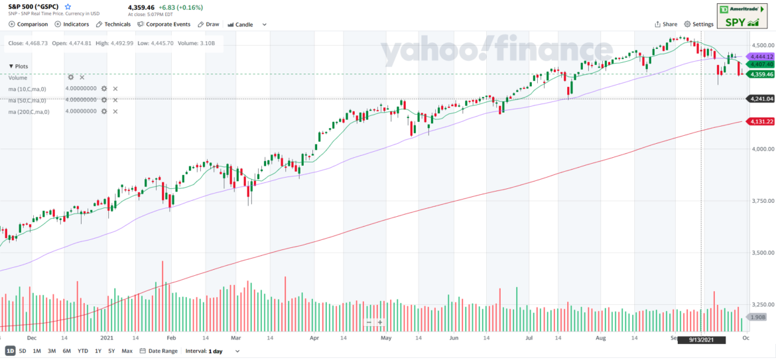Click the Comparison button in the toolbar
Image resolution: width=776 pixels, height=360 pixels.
(x=29, y=25)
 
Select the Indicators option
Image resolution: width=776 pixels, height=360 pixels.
(x=72, y=25)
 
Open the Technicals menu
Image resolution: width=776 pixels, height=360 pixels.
(x=113, y=25)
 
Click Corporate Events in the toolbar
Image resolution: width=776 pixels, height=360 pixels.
(x=164, y=25)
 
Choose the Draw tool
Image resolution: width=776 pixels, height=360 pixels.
(x=208, y=25)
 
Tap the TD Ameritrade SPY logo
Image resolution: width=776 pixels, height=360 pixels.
(x=738, y=15)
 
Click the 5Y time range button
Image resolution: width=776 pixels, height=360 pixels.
(x=111, y=351)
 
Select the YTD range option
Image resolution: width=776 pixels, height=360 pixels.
(x=83, y=351)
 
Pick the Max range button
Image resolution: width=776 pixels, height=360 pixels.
(x=127, y=351)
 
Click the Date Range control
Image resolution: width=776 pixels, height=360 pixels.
(x=159, y=351)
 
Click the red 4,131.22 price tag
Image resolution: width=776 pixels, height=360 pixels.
(x=761, y=121)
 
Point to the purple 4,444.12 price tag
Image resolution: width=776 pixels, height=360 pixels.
(x=761, y=56)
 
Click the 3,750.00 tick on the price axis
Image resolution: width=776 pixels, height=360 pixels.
(x=761, y=201)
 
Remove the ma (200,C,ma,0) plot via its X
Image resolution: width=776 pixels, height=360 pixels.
(x=115, y=111)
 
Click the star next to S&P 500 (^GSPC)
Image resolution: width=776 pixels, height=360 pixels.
(x=68, y=7)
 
